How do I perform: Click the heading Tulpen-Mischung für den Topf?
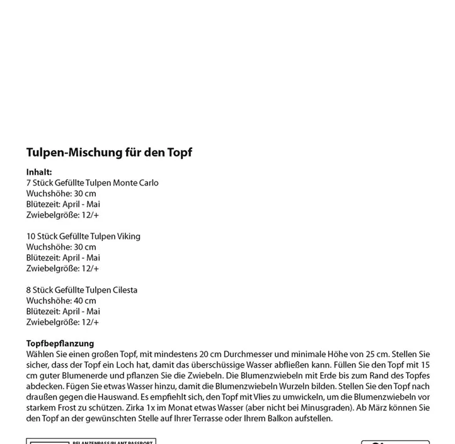click(109, 153)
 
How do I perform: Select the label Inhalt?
click(39, 172)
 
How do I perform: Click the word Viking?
click(128, 237)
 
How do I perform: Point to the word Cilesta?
click(125, 290)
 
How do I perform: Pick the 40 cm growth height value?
click(84, 301)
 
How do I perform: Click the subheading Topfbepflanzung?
click(60, 344)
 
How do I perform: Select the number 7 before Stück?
click(29, 183)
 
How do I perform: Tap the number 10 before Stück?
click(31, 237)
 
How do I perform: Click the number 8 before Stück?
click(29, 290)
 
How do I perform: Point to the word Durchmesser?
click(250, 354)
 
